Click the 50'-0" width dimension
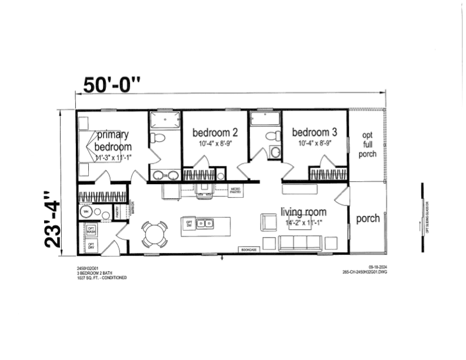coord(112,84)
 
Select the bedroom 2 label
coord(215,132)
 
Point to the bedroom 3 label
coord(315,132)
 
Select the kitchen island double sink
coord(205,224)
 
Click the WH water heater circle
coord(86,212)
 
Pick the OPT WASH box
coord(91,230)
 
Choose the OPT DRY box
coord(91,246)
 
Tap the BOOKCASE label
coord(248,251)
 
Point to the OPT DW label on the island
coord(189,225)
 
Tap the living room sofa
coord(299,243)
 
